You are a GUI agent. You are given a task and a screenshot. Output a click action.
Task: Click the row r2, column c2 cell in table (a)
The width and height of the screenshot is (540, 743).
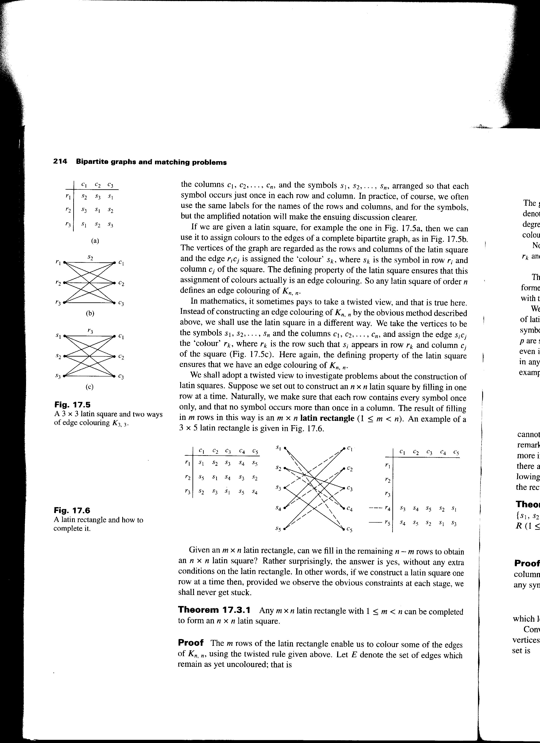[97, 210]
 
